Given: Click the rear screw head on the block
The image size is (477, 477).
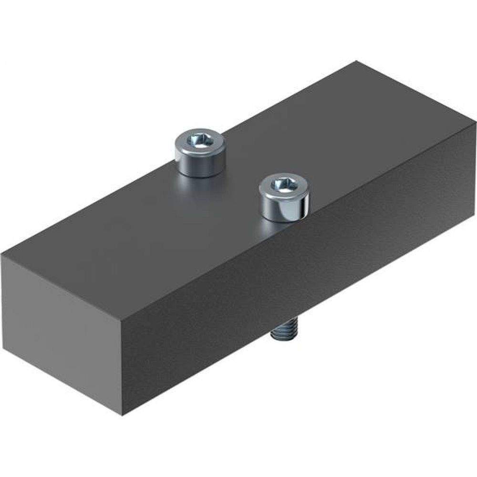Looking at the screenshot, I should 199,153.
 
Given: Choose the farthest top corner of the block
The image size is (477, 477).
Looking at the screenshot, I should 357,62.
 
